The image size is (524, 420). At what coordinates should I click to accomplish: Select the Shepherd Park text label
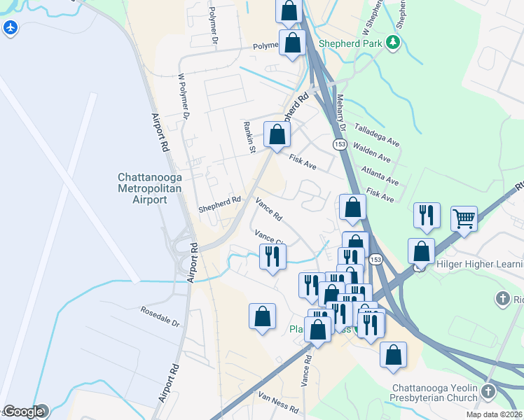click(x=350, y=43)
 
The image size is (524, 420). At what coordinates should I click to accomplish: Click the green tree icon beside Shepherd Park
click(x=394, y=43)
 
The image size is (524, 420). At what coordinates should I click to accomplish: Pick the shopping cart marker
click(x=464, y=218)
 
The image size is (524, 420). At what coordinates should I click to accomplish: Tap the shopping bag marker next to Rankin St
click(x=277, y=134)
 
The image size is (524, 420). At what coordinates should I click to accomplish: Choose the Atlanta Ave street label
click(x=380, y=175)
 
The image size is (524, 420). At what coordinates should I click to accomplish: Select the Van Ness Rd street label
click(x=278, y=403)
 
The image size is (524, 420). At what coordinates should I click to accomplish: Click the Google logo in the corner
click(x=22, y=412)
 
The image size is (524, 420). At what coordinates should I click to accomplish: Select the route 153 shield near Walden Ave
click(x=339, y=143)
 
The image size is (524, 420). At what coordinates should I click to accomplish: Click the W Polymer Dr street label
click(x=184, y=95)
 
